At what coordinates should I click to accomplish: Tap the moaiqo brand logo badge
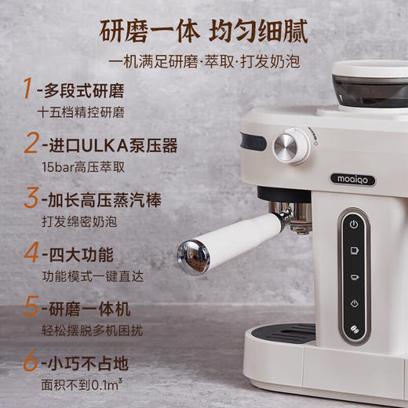351,180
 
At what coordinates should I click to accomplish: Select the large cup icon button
354,250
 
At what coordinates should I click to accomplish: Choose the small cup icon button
354,277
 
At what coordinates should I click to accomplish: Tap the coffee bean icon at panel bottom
354,330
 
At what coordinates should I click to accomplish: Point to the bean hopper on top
369,86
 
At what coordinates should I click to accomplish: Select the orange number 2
30,144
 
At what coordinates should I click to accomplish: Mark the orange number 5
30,308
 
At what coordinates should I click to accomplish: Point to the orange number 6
30,363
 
